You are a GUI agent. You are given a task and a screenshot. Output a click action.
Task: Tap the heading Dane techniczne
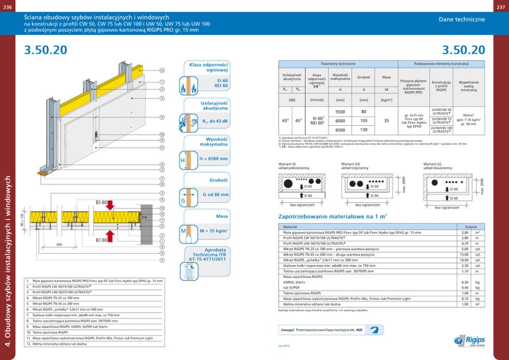pyautogui.click(x=461, y=19)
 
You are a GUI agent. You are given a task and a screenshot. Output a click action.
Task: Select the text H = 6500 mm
pyautogui.click(x=213, y=159)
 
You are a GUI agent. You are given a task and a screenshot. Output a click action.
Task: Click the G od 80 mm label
pyautogui.click(x=215, y=195)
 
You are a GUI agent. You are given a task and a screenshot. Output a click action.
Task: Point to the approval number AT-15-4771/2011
pyautogui.click(x=207, y=260)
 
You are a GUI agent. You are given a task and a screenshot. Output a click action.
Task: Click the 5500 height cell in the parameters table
pyautogui.click(x=340, y=112)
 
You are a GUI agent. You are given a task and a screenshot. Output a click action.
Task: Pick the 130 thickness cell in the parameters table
pyautogui.click(x=364, y=130)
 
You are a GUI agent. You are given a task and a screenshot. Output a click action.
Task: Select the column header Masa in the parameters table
pyautogui.click(x=386, y=78)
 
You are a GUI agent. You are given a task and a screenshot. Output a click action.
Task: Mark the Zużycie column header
pyautogui.click(x=471, y=226)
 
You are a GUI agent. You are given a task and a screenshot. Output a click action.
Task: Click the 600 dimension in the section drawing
pyautogui.click(x=60, y=244)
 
